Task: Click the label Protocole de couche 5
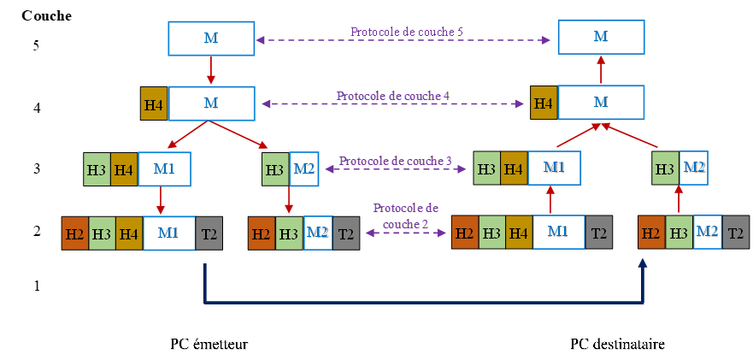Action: point(407,32)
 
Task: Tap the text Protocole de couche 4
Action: point(393,96)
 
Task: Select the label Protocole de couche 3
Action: point(395,161)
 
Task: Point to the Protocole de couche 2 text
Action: point(405,215)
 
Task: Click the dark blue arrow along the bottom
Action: point(423,302)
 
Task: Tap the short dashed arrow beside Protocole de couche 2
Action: point(407,233)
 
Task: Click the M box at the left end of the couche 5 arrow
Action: point(211,38)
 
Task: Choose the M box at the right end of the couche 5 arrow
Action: point(600,37)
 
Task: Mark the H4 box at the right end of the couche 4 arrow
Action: point(543,103)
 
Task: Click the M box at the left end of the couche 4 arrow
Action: point(211,103)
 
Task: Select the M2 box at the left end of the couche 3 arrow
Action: point(304,169)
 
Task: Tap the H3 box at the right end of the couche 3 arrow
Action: point(486,169)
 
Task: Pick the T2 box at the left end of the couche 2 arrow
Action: point(345,233)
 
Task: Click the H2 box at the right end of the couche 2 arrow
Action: point(464,233)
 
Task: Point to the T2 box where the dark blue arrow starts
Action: point(208,233)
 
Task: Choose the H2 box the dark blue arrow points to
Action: point(651,233)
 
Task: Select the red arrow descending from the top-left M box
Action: point(210,70)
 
